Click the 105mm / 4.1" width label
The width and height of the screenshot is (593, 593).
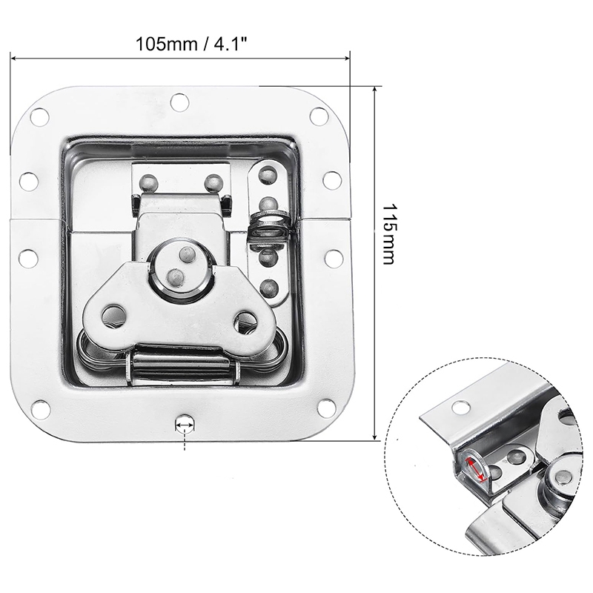pyautogui.click(x=191, y=44)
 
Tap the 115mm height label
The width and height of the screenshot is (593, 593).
pyautogui.click(x=389, y=234)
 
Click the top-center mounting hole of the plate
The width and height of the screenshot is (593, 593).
pyautogui.click(x=179, y=101)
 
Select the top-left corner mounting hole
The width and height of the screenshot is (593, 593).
pyautogui.click(x=40, y=117)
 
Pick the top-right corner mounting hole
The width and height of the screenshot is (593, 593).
pyautogui.click(x=319, y=116)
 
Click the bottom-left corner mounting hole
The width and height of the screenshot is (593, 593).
pyautogui.click(x=40, y=409)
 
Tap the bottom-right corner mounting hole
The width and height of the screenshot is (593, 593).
pyautogui.click(x=327, y=408)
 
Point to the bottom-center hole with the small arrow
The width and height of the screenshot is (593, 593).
pyautogui.click(x=185, y=423)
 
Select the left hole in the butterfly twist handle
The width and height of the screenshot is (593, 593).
pyautogui.click(x=113, y=315)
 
